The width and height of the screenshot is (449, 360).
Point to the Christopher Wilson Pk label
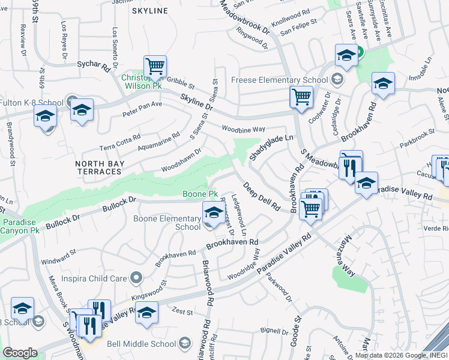(142, 82)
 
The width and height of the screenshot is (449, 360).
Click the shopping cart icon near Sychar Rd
(155, 66)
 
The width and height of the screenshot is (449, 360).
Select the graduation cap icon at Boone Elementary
(214, 212)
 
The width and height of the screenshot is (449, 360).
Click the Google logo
(20, 353)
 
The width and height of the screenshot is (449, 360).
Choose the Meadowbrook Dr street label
(247, 19)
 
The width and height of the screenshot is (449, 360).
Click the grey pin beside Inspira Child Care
(136, 277)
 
